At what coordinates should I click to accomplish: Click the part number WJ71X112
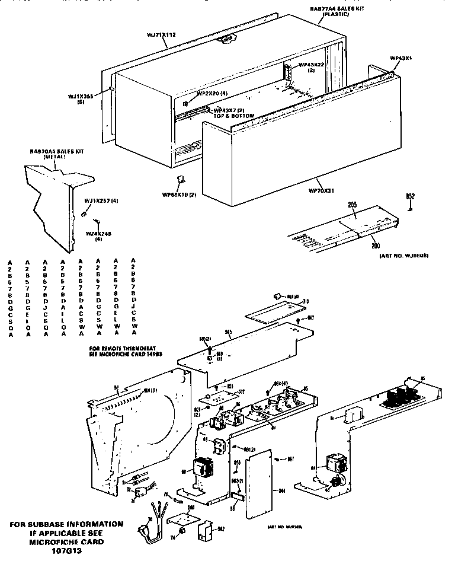pos(159,35)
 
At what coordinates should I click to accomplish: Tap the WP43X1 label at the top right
pos(400,58)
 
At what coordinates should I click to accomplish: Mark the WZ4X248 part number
pos(98,234)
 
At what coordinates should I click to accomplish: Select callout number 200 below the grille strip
pos(375,244)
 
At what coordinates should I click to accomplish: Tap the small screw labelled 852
pos(409,207)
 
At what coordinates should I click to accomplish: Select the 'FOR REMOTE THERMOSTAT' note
pos(124,348)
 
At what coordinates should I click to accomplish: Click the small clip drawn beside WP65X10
pos(181,180)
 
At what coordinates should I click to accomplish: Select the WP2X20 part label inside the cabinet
pos(212,93)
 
